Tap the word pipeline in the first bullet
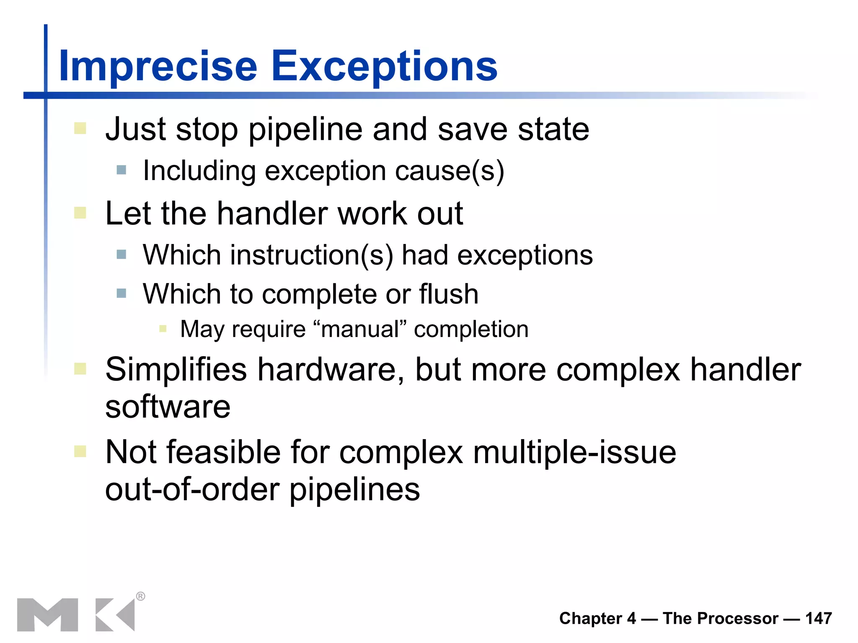[x=305, y=130]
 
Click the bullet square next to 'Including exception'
[x=121, y=170]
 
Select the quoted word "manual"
[x=360, y=329]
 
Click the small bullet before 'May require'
[x=163, y=329]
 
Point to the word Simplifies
[x=176, y=370]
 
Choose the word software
[x=168, y=407]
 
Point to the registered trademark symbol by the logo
[x=141, y=596]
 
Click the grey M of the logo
[x=47, y=615]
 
